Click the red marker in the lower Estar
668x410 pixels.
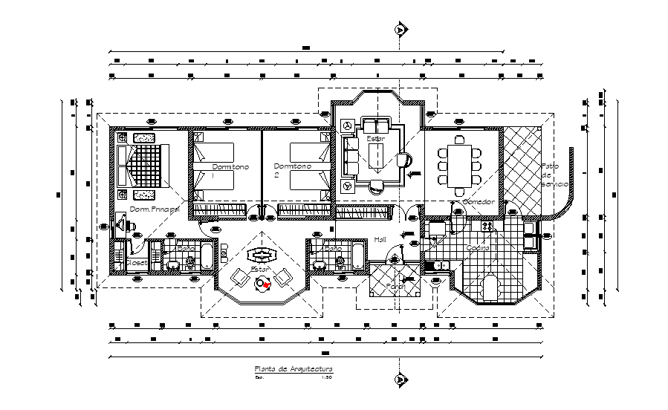pyautogui.click(x=267, y=283)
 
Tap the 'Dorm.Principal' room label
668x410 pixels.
pyautogui.click(x=155, y=209)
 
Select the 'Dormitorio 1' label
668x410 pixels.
pyautogui.click(x=230, y=168)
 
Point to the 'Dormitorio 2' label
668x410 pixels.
pyautogui.click(x=291, y=168)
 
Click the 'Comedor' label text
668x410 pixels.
pyautogui.click(x=478, y=202)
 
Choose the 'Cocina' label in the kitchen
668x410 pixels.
pyautogui.click(x=477, y=248)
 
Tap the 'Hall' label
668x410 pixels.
pyautogui.click(x=380, y=239)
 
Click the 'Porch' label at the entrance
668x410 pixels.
pyautogui.click(x=395, y=285)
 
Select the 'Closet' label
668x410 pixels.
pyautogui.click(x=136, y=262)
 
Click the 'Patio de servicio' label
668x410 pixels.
pyautogui.click(x=554, y=175)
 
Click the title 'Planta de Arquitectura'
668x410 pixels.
pyautogui.click(x=293, y=369)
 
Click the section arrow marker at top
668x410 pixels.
pyautogui.click(x=401, y=30)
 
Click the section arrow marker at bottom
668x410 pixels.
pyautogui.click(x=401, y=380)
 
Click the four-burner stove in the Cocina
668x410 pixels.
pyautogui.click(x=487, y=225)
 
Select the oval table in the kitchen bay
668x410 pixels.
pyautogui.click(x=490, y=287)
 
